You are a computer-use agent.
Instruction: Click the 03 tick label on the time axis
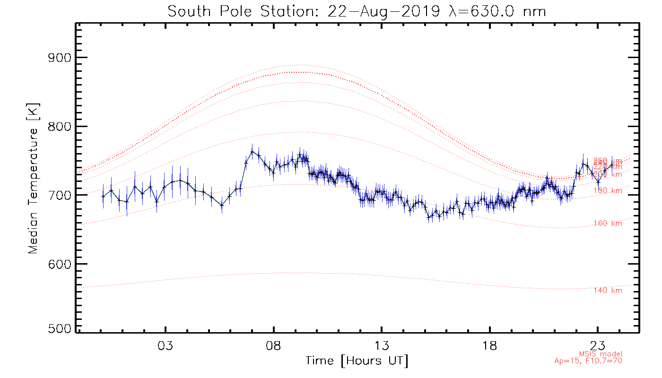click(x=165, y=344)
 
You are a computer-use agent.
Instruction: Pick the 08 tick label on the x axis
click(x=273, y=344)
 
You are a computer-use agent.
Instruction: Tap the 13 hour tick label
click(x=382, y=344)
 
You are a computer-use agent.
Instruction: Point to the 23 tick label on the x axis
click(x=598, y=344)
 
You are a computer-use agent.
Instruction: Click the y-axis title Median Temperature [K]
click(x=33, y=179)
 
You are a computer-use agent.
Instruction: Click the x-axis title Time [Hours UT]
click(x=357, y=361)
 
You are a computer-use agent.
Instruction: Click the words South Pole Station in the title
click(x=243, y=11)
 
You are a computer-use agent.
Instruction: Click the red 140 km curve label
click(x=608, y=290)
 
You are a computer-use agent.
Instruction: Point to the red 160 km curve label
click(x=608, y=223)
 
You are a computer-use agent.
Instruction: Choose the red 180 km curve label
click(x=608, y=191)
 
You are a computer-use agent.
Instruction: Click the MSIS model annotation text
click(x=601, y=354)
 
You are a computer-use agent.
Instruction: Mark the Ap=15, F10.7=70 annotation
click(x=588, y=361)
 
